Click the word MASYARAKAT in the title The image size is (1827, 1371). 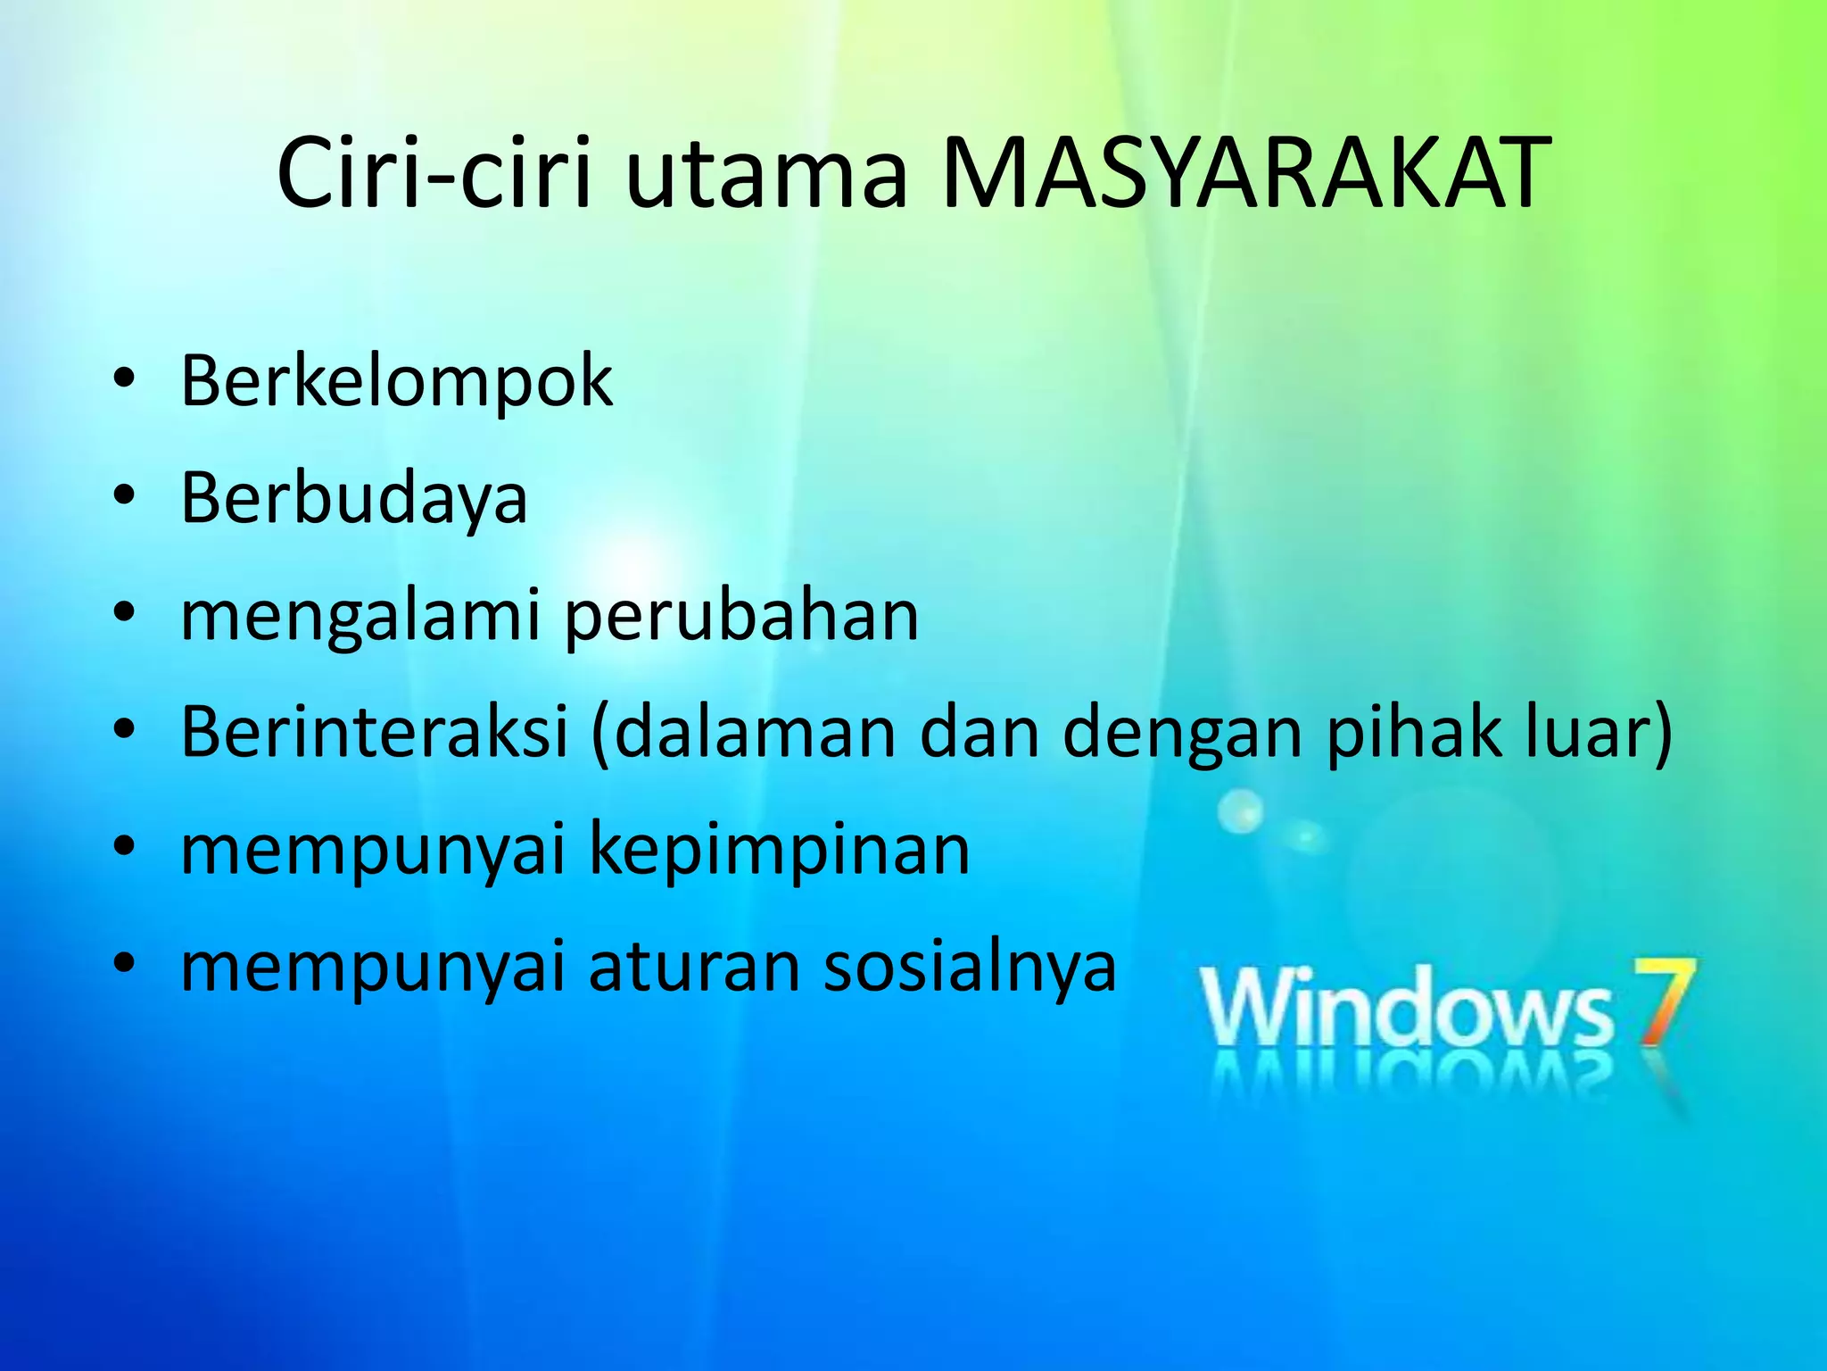click(1245, 173)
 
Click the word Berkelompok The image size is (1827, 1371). click(397, 382)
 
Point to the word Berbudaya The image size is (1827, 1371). click(354, 498)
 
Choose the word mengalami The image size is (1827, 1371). click(360, 618)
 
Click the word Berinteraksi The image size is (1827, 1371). click(375, 732)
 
